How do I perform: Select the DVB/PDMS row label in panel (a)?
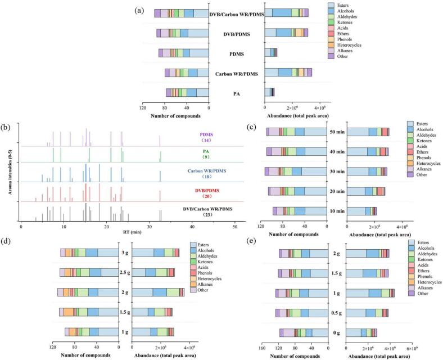[237, 33]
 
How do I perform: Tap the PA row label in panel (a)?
[237, 93]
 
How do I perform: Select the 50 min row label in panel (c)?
[337, 132]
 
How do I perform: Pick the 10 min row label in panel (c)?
[337, 211]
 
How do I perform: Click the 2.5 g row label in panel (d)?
[125, 273]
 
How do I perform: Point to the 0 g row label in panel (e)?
[337, 332]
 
